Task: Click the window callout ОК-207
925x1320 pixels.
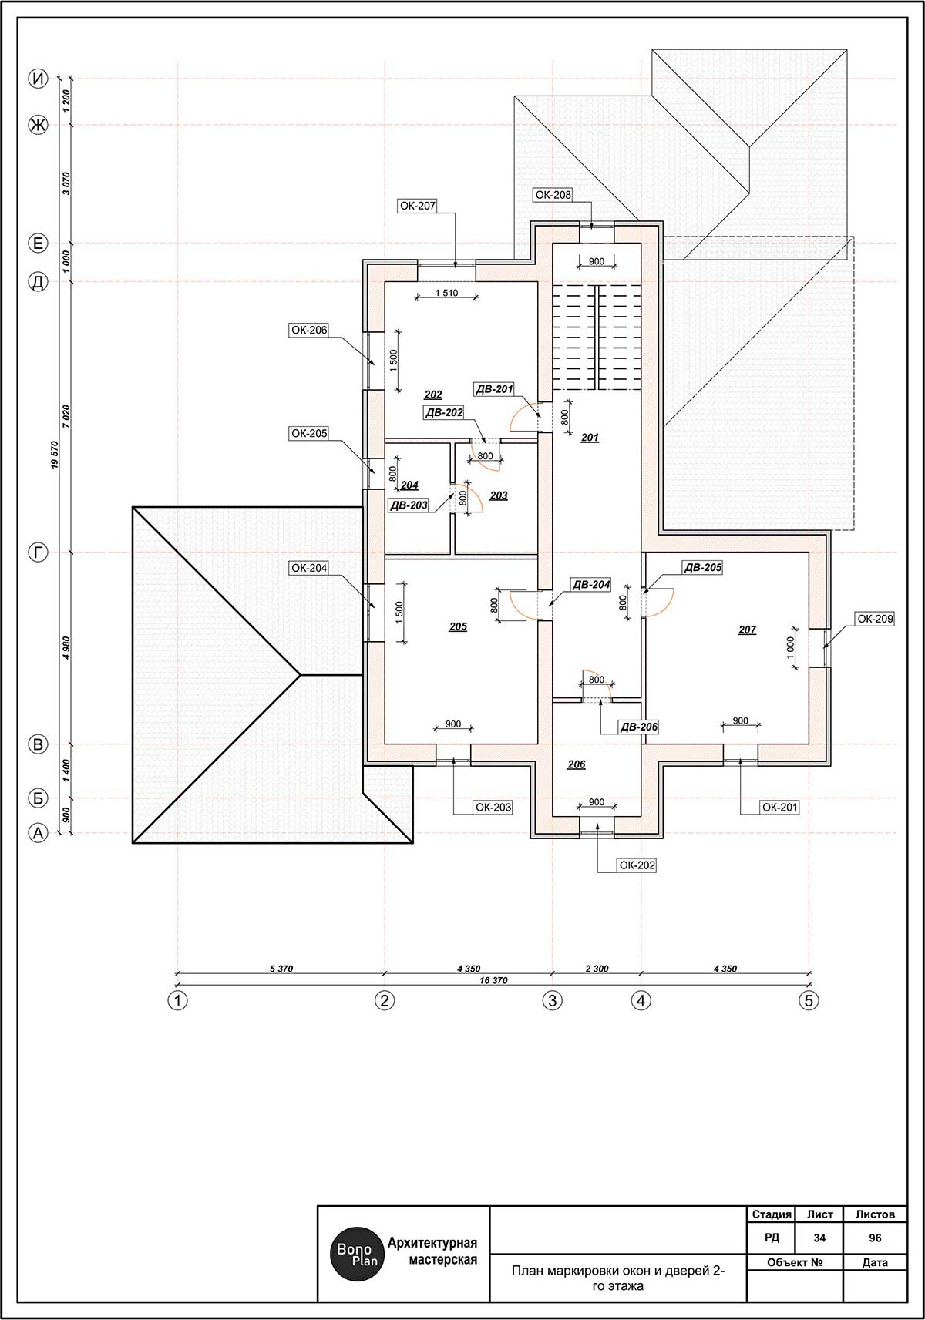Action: pos(417,206)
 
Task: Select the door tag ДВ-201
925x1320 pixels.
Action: pos(494,389)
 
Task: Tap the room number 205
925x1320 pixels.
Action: pos(458,626)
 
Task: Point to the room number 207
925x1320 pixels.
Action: pos(747,630)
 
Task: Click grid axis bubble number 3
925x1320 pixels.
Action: pos(553,1000)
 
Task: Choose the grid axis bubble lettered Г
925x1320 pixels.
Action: pos(39,553)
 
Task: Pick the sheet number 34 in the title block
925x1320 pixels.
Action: pos(819,1238)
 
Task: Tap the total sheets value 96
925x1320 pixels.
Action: pos(875,1238)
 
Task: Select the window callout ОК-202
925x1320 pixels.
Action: pos(637,865)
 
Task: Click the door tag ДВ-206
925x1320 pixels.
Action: pos(638,727)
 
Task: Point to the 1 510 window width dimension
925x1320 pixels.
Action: pos(446,293)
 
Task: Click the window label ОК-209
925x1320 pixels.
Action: pos(875,619)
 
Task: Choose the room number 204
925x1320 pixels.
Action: pos(409,485)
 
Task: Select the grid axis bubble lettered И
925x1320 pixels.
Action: pos(39,79)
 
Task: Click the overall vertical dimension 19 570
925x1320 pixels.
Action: pos(54,455)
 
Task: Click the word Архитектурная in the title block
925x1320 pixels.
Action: pos(432,1243)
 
